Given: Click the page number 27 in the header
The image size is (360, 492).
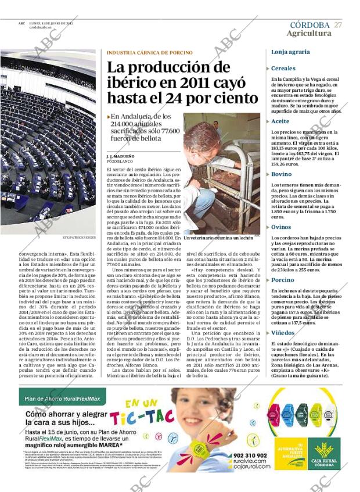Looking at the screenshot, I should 338,25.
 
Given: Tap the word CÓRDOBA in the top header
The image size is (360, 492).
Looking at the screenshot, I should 309,25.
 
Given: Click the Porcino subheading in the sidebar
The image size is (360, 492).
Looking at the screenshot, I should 283,280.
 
